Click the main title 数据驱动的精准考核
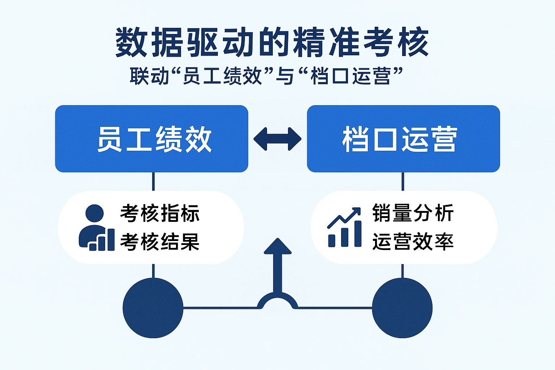(x=272, y=43)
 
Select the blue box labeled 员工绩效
(x=151, y=139)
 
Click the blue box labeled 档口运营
(x=403, y=139)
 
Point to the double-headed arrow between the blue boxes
(x=277, y=139)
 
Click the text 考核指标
(x=160, y=213)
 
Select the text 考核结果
(x=160, y=242)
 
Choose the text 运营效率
(x=413, y=242)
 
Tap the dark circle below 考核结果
(x=153, y=308)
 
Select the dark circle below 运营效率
(x=402, y=308)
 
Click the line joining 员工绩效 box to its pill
(x=153, y=181)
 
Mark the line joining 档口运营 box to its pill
(x=403, y=181)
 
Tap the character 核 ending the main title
(x=413, y=43)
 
